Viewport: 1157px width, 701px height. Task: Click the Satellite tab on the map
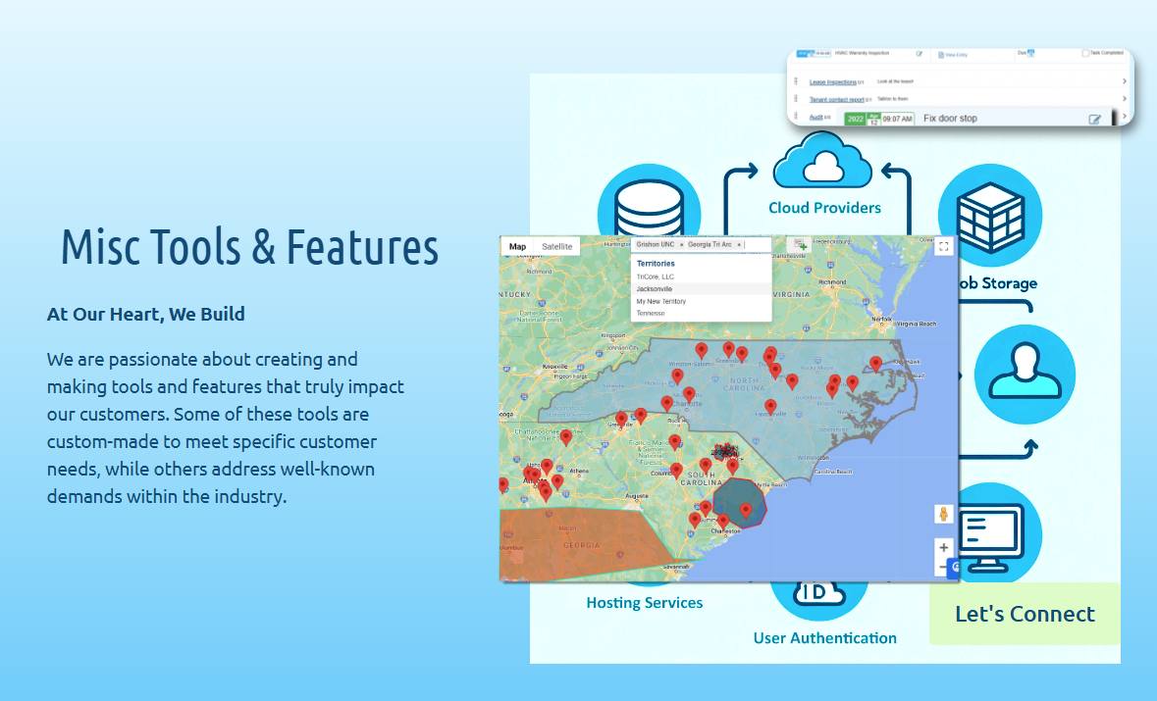[x=556, y=247]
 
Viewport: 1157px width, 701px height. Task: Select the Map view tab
[x=517, y=247]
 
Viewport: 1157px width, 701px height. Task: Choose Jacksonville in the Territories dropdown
[x=654, y=289]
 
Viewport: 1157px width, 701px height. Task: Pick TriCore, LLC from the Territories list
[x=655, y=276]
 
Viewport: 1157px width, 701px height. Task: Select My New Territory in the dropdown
[x=660, y=301]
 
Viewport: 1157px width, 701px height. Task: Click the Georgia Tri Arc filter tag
[x=710, y=244]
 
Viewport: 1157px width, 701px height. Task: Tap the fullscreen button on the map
[x=944, y=247]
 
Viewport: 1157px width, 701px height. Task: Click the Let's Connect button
[x=1025, y=614]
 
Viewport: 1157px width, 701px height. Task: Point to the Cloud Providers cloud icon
[x=822, y=164]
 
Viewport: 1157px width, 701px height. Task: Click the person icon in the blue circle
[x=1025, y=374]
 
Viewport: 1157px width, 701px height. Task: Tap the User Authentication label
[x=824, y=638]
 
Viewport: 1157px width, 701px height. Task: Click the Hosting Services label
[x=644, y=603]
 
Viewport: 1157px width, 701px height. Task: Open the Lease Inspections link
[x=832, y=82]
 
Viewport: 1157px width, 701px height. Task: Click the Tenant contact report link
[x=836, y=99]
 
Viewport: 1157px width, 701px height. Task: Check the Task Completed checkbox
[x=1085, y=53]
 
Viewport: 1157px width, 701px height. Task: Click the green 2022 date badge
[x=855, y=119]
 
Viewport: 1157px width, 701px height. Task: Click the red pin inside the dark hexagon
[x=745, y=510]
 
